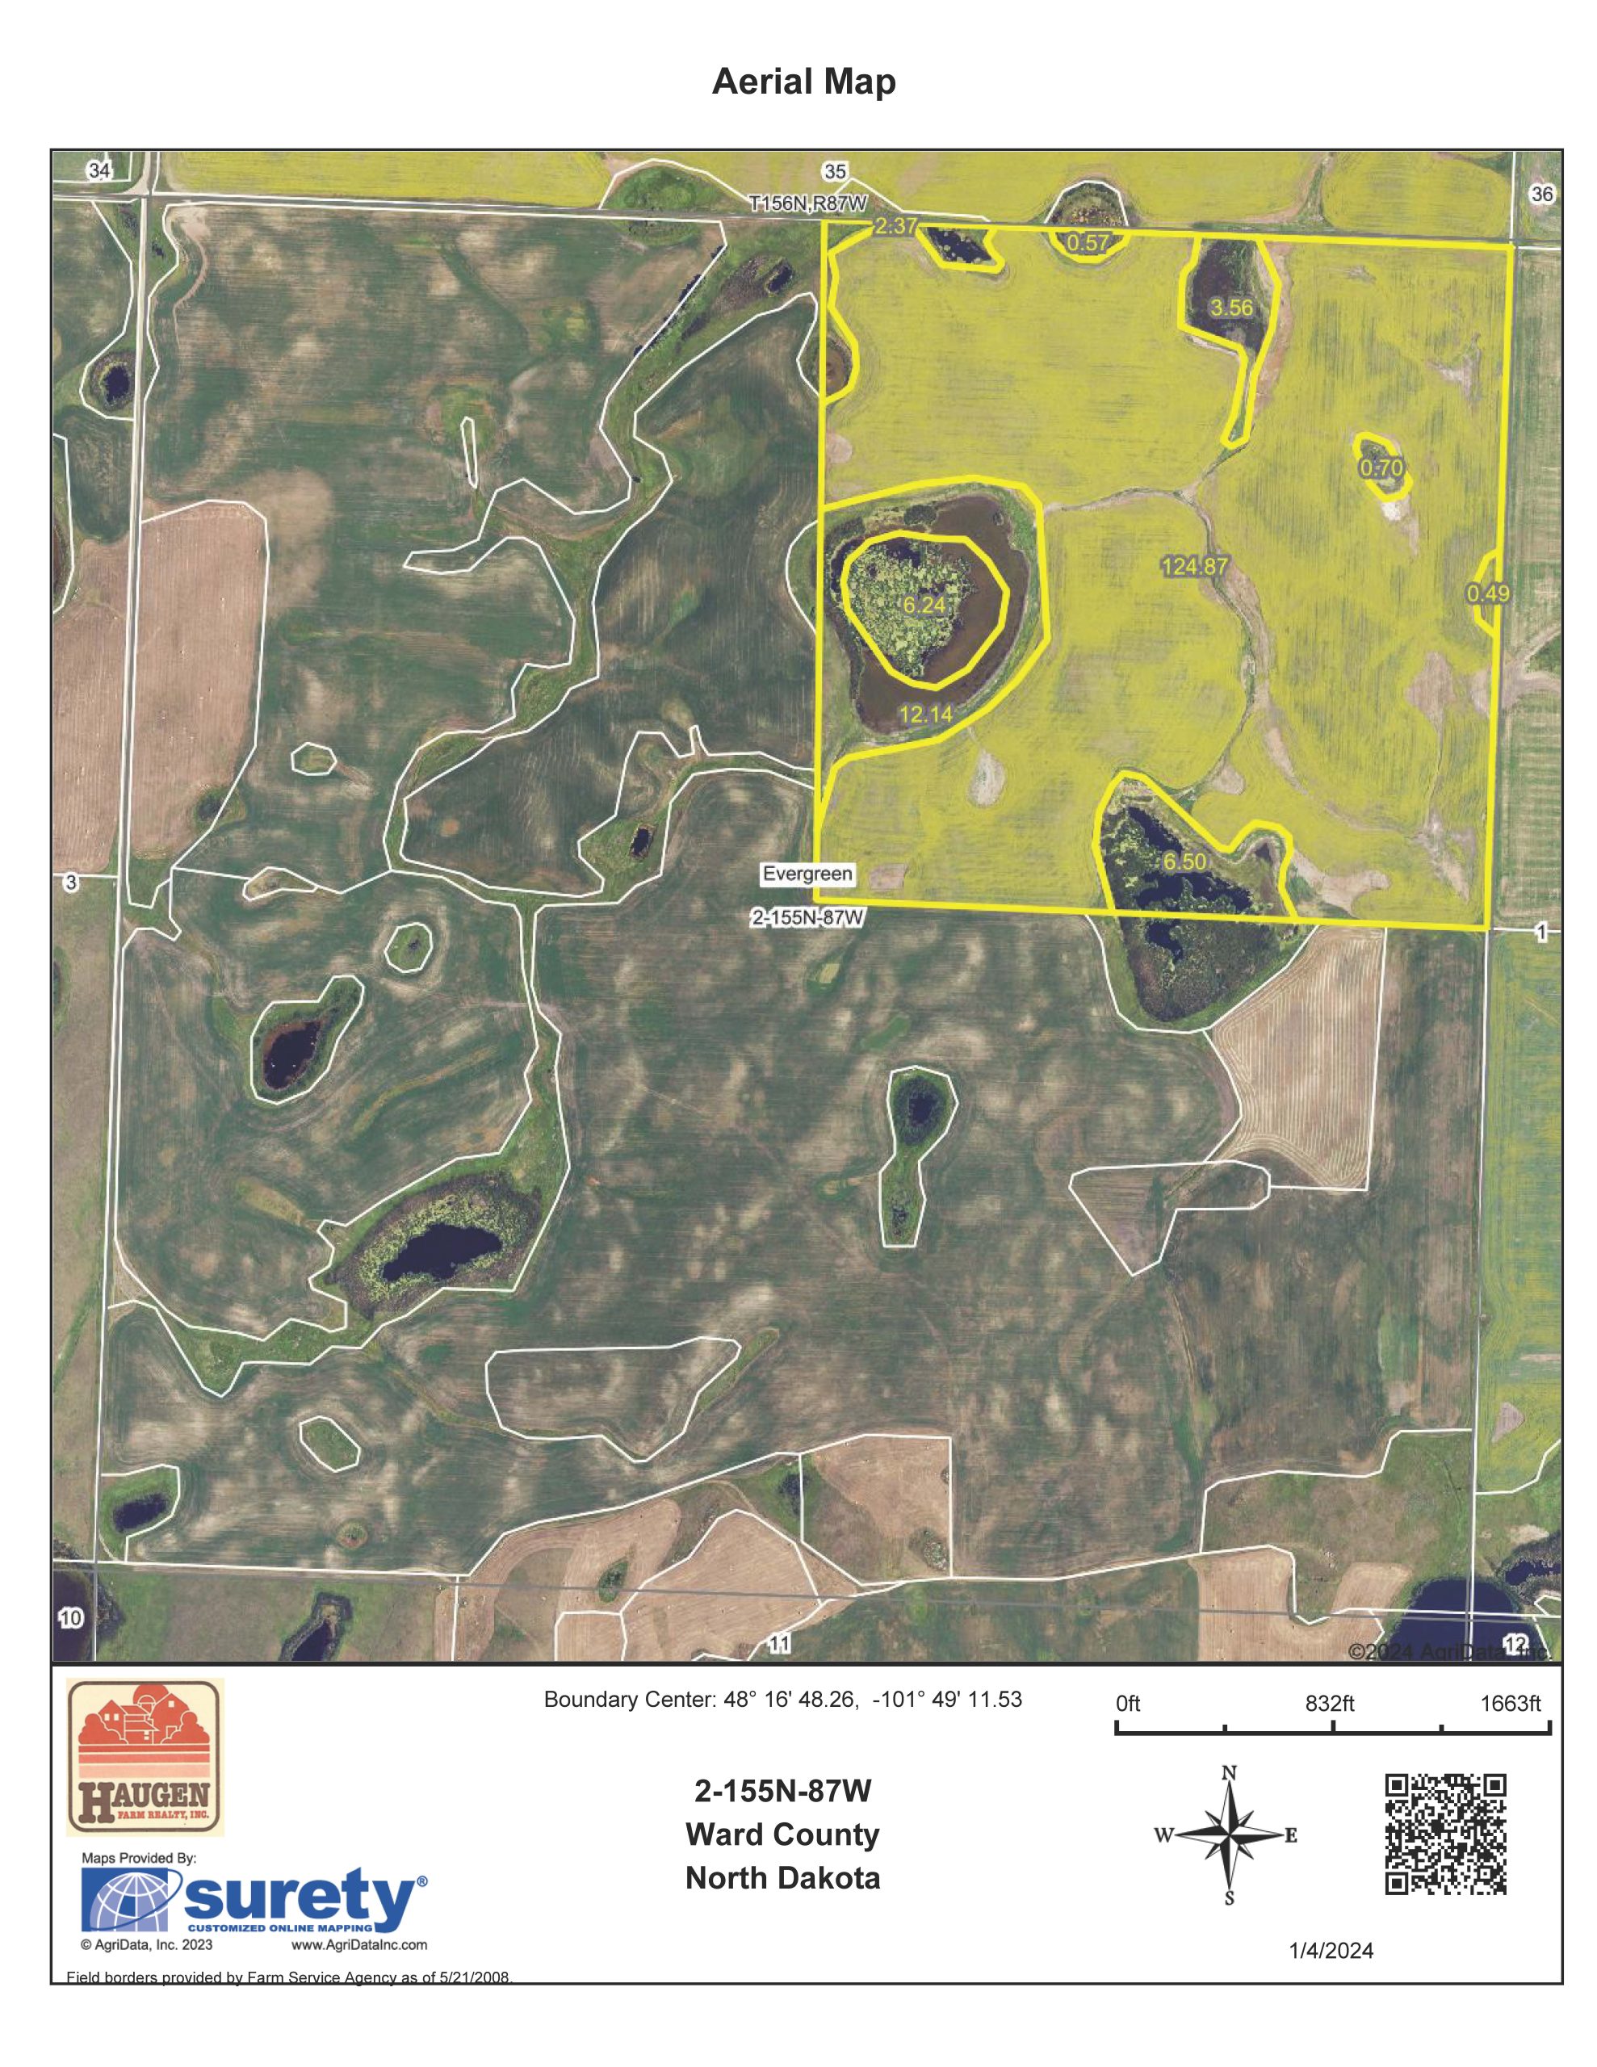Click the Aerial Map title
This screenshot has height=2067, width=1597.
click(x=803, y=83)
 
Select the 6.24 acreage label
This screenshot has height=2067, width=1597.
click(x=924, y=606)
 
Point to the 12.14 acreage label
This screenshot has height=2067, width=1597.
click(x=925, y=715)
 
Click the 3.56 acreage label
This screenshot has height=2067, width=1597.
click(x=1230, y=308)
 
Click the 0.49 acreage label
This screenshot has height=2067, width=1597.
click(x=1487, y=593)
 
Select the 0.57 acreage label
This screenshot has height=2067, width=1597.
click(x=1088, y=242)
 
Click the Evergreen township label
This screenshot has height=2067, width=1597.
click(x=807, y=874)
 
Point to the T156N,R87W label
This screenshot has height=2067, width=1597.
click(x=807, y=203)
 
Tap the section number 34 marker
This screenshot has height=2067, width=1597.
click(x=99, y=170)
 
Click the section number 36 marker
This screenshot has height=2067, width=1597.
click(x=1541, y=194)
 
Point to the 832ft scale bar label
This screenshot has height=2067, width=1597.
click(x=1329, y=1704)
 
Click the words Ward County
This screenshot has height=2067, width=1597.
click(x=782, y=1834)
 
